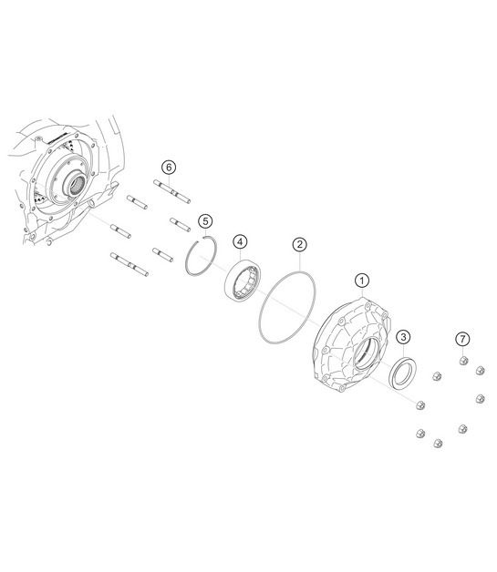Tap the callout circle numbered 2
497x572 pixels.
tap(299, 245)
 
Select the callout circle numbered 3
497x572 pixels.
tap(403, 337)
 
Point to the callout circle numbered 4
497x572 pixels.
tap(240, 241)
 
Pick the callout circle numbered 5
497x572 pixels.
tap(205, 221)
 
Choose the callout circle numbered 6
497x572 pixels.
tap(168, 166)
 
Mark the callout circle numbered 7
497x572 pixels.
tap(463, 339)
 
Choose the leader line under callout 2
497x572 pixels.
tap(299, 262)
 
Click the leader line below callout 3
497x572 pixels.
tap(403, 352)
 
